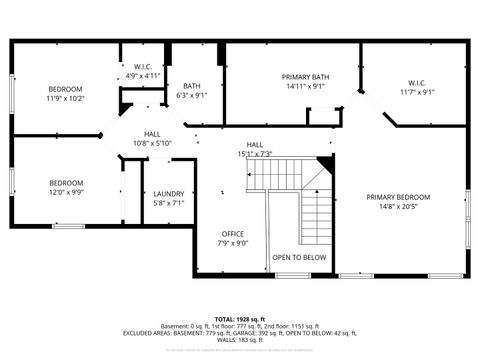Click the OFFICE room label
click(232, 233)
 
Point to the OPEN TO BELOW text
click(299, 257)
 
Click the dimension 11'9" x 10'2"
click(65, 98)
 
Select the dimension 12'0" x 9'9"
click(67, 192)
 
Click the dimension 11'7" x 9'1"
click(417, 93)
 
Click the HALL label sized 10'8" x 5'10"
click(152, 133)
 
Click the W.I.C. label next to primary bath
click(417, 83)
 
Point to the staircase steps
click(315, 210)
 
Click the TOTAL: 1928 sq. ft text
click(240, 319)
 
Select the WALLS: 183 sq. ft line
click(240, 342)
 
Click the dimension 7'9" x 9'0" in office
click(232, 243)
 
